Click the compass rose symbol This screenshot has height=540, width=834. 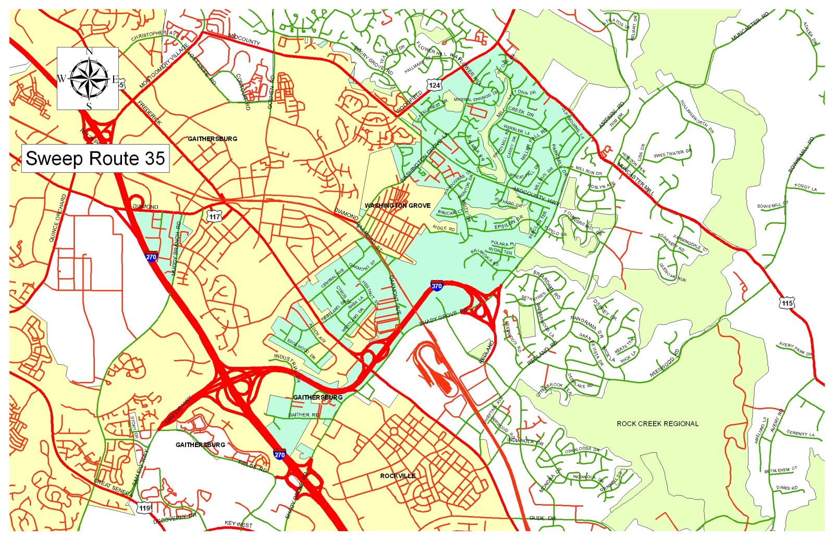tap(88, 79)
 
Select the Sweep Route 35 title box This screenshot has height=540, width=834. tap(95, 158)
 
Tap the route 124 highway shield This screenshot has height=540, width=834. tap(434, 85)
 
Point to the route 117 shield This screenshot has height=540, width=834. tap(214, 216)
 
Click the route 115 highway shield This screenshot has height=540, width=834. tap(787, 303)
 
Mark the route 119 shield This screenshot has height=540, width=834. tap(144, 508)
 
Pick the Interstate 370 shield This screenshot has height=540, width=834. tap(437, 286)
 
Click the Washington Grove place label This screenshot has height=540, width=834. tap(397, 206)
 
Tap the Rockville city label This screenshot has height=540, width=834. tap(398, 476)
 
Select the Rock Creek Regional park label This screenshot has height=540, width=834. tap(657, 424)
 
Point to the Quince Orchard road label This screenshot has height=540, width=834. tap(57, 218)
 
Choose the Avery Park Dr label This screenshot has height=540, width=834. tap(795, 349)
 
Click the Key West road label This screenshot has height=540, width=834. tap(238, 524)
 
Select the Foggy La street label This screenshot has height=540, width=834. tap(805, 187)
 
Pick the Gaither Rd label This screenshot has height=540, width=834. tap(304, 415)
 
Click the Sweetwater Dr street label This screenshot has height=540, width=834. tap(672, 154)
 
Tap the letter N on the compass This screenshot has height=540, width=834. tap(89, 51)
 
